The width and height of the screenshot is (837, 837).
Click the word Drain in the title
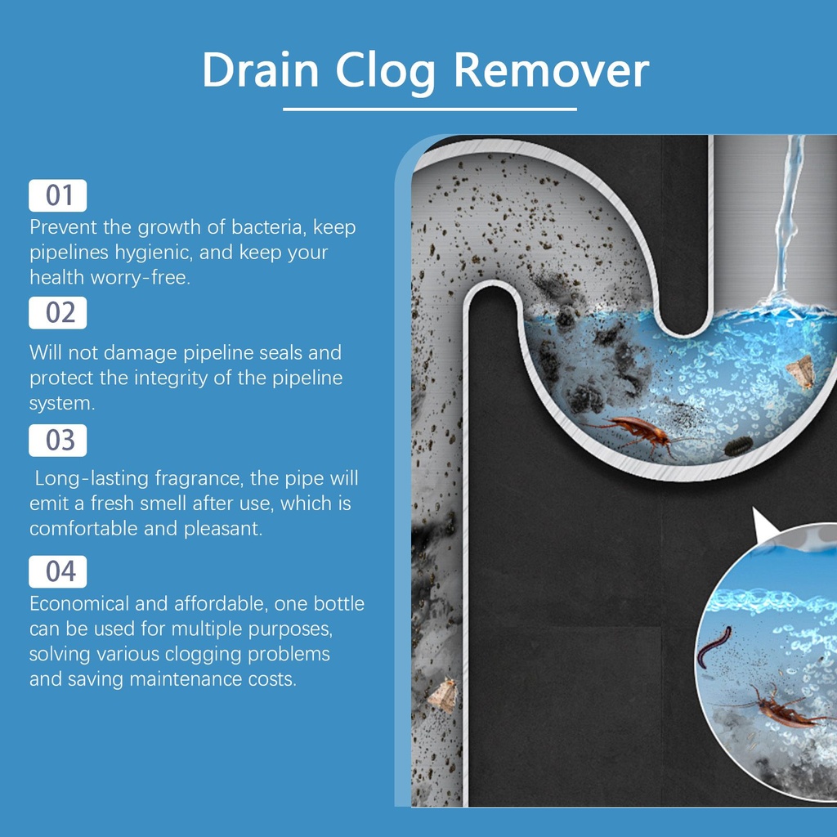(x=261, y=69)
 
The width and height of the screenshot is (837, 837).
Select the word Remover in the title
(x=552, y=69)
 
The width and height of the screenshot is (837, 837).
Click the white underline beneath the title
(x=430, y=109)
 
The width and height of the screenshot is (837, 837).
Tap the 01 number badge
(x=58, y=195)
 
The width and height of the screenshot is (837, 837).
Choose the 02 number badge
(x=58, y=313)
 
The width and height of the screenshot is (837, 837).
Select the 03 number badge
(x=58, y=441)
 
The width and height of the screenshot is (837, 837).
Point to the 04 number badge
(x=58, y=571)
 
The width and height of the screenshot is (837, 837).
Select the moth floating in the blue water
(x=800, y=372)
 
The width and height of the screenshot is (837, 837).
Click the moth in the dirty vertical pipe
(x=443, y=695)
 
